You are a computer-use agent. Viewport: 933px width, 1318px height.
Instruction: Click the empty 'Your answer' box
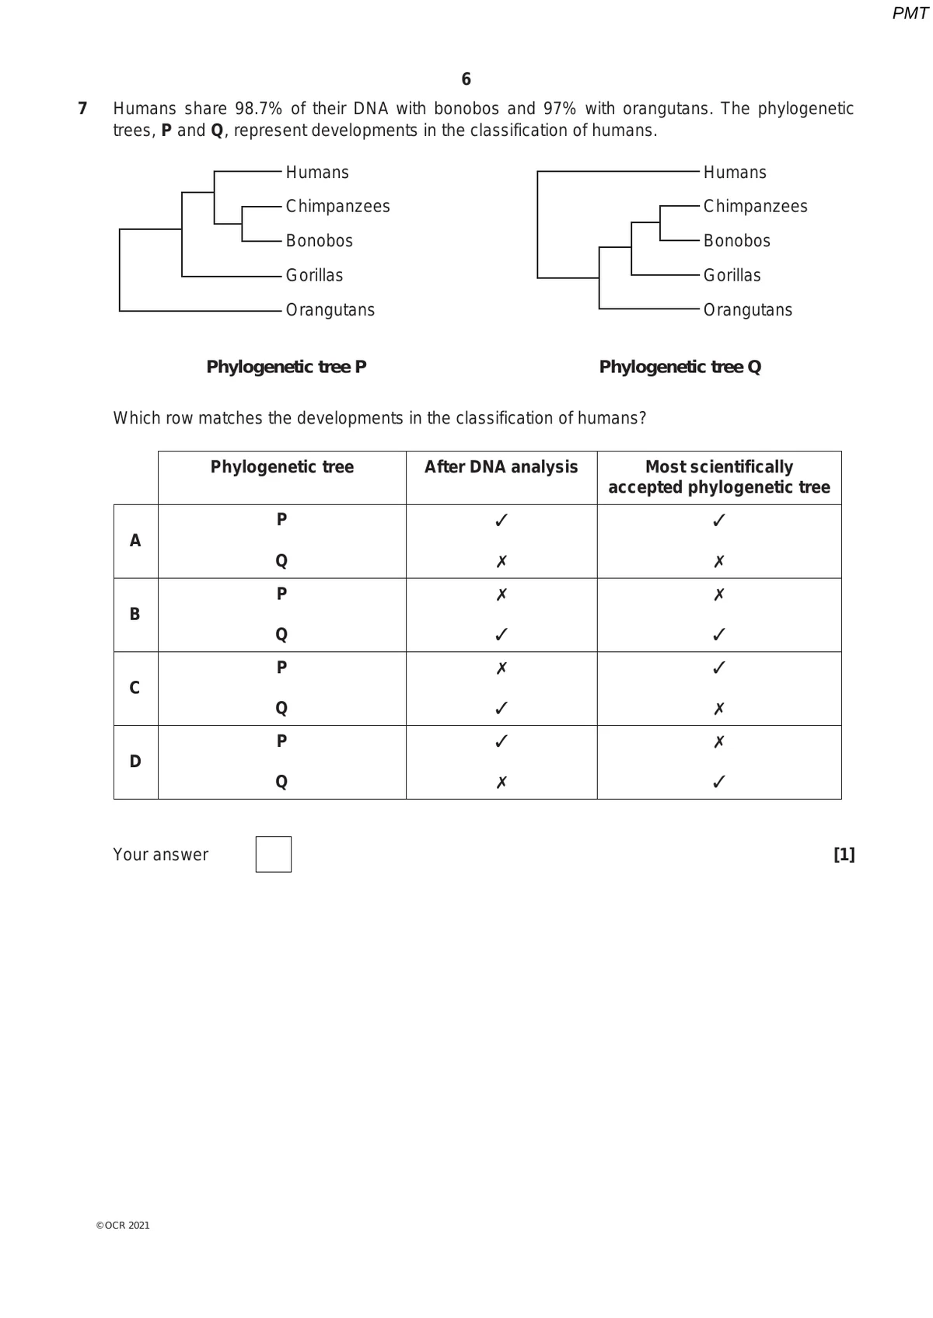(274, 854)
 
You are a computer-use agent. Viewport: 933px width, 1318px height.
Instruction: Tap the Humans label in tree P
(317, 173)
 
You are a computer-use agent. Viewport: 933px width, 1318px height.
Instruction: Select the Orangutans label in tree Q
(747, 310)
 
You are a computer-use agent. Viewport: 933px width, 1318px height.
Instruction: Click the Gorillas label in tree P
(314, 275)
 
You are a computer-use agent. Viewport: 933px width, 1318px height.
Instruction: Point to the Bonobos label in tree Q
(736, 241)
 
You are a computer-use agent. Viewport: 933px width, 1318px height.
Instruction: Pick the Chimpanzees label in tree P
(337, 207)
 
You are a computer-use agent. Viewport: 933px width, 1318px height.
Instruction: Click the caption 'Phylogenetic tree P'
(286, 367)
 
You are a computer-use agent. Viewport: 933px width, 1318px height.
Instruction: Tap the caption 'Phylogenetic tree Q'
(680, 367)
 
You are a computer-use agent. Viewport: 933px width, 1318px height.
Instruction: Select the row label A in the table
(135, 541)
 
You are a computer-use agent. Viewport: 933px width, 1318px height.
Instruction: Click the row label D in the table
(135, 762)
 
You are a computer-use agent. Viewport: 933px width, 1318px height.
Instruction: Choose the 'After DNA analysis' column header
(501, 467)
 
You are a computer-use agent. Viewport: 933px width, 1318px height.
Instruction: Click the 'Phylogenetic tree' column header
(282, 467)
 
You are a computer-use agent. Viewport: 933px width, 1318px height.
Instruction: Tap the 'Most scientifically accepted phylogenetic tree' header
(719, 477)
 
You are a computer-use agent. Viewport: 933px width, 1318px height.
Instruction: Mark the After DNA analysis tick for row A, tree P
(501, 520)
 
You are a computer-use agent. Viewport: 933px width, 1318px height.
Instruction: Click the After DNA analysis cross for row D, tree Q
(501, 782)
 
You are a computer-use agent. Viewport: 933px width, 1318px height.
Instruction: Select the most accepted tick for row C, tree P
(719, 668)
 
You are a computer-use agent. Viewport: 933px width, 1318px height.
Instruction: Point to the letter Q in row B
(281, 634)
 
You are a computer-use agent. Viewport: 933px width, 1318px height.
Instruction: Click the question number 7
(82, 109)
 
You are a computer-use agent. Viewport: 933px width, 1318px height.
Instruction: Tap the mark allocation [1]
(844, 855)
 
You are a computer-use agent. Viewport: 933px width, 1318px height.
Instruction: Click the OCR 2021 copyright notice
(123, 1226)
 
